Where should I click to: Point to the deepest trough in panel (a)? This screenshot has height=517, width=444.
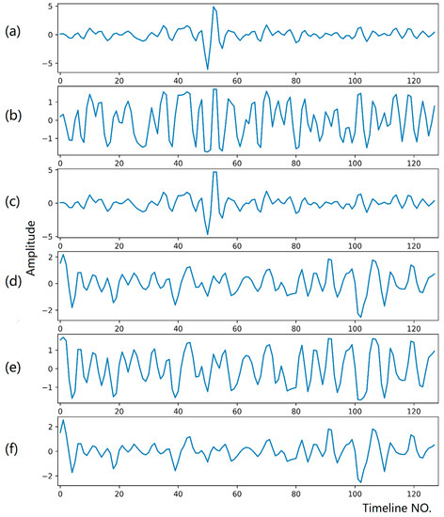pos(208,69)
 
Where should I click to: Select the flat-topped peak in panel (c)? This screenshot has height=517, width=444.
pos(215,173)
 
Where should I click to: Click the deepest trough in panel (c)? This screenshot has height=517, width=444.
pos(208,234)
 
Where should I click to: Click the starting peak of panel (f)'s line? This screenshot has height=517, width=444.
pos(63,419)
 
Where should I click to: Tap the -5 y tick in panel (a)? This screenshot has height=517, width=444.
pos(47,63)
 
